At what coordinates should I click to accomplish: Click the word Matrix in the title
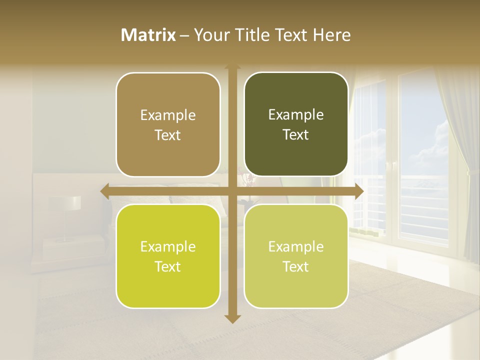[148, 35]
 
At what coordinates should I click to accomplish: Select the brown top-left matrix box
[168, 124]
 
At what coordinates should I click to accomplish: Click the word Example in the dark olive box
[296, 115]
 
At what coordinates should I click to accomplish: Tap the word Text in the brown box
[168, 135]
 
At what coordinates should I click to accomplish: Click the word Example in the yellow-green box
[168, 247]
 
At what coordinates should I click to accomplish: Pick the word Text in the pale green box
[296, 267]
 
